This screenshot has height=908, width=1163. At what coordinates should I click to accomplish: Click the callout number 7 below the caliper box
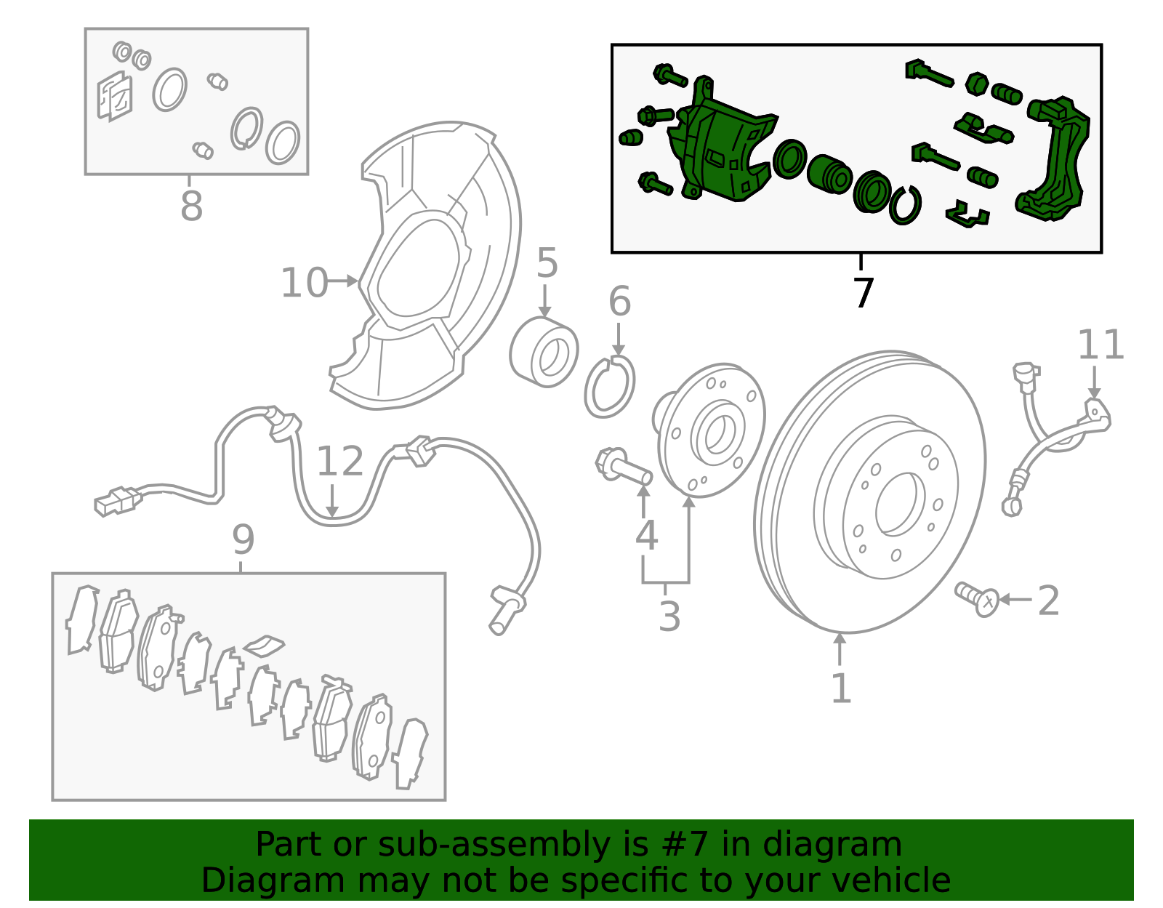pyautogui.click(x=863, y=293)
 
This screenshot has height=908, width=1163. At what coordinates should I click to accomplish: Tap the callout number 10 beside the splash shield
pyautogui.click(x=304, y=283)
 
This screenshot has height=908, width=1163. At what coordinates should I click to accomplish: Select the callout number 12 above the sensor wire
pyautogui.click(x=339, y=462)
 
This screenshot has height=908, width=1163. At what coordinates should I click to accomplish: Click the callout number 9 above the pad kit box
pyautogui.click(x=243, y=539)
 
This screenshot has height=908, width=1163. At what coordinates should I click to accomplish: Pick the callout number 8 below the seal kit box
pyautogui.click(x=191, y=206)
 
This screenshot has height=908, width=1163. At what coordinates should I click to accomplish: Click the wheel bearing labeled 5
pyautogui.click(x=544, y=352)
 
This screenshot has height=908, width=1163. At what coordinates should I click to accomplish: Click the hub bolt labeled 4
pyautogui.click(x=623, y=467)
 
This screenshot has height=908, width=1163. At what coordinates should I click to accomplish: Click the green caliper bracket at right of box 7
pyautogui.click(x=1054, y=160)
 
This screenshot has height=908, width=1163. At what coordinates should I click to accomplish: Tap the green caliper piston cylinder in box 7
pyautogui.click(x=829, y=174)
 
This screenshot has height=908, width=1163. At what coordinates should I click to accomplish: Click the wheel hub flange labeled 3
pyautogui.click(x=711, y=430)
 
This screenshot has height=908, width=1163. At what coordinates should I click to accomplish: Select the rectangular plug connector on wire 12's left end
pyautogui.click(x=116, y=502)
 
